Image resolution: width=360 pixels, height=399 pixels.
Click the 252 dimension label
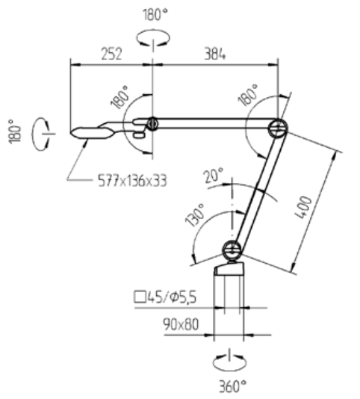(x=112, y=54)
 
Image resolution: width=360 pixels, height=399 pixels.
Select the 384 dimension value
(x=214, y=54)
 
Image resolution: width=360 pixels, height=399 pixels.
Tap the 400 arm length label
(x=303, y=208)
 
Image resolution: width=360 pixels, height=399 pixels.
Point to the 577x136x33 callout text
(x=132, y=181)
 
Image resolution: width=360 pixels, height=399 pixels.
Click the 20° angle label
(x=214, y=175)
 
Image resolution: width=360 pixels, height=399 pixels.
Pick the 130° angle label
(x=195, y=215)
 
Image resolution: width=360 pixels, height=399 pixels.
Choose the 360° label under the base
(x=232, y=386)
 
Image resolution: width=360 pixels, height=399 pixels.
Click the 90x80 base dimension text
(x=181, y=324)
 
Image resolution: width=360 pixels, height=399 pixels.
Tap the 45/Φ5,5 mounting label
(x=172, y=297)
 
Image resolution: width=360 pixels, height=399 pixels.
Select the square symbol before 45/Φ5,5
(x=140, y=297)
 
